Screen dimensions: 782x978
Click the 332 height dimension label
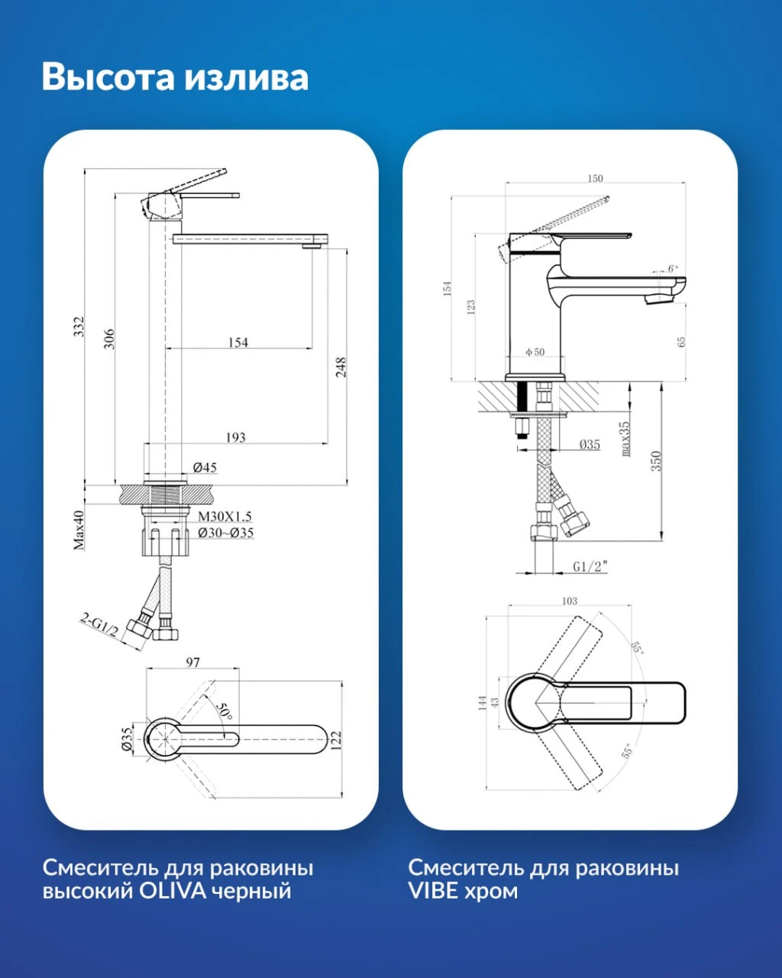click(79, 327)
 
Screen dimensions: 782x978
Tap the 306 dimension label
click(109, 338)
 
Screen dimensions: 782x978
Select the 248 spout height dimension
click(341, 368)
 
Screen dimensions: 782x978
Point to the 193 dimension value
click(235, 437)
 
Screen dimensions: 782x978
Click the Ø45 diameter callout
click(205, 467)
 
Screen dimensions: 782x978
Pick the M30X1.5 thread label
click(225, 517)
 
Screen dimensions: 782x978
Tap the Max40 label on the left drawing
click(79, 530)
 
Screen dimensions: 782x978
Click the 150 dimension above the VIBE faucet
click(595, 178)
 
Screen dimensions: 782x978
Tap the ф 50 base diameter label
click(535, 351)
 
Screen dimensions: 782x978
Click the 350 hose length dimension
click(656, 461)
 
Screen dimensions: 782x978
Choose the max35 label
click(625, 439)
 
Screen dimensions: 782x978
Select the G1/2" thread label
click(590, 566)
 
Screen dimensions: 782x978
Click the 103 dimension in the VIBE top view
click(570, 601)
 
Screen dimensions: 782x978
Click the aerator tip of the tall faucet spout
click(312, 246)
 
